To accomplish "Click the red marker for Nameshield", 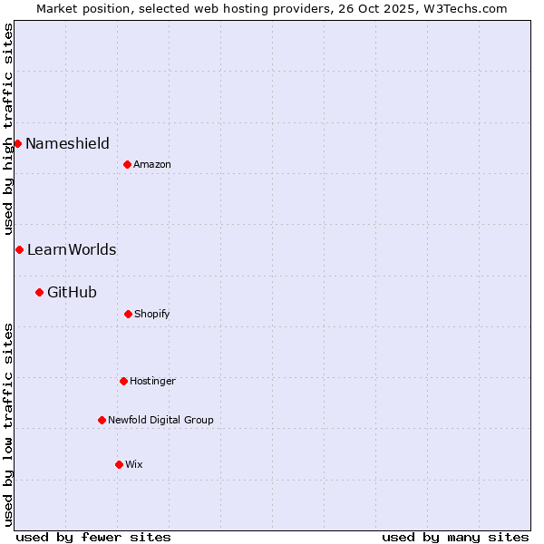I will point(17,143).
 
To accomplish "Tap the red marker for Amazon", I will point(127,164).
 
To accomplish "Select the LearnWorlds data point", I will point(19,249).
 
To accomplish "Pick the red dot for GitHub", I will point(39,292).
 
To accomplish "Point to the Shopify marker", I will point(128,314).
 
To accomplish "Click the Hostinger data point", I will point(123,381).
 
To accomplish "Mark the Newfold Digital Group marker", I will point(102,420).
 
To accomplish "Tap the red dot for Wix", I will point(119,464).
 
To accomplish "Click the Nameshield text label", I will point(67,143).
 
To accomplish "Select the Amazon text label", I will point(152,164).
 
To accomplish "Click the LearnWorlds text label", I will point(72,249).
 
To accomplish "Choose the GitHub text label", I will point(72,292).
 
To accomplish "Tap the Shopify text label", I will point(152,314).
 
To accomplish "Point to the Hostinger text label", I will point(152,381).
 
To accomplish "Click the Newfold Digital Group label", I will point(160,420).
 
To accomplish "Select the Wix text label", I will point(134,464).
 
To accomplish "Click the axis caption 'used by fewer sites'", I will point(93,537).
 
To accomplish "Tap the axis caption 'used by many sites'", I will point(455,537).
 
